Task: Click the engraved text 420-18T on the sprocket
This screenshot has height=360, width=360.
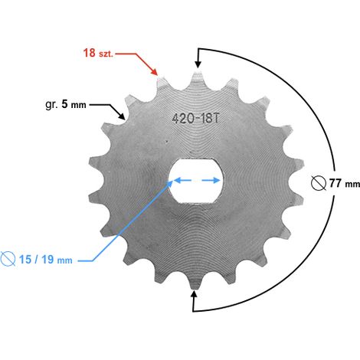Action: click(x=196, y=118)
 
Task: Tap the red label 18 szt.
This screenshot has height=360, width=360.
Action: click(x=98, y=53)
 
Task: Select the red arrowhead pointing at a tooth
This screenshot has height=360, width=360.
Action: click(x=154, y=71)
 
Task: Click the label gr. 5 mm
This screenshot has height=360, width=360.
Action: click(x=66, y=104)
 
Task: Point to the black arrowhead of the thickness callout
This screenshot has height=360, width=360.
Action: click(x=122, y=116)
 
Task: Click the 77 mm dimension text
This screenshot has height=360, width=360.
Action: click(x=345, y=183)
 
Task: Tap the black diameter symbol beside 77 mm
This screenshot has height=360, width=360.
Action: click(x=319, y=183)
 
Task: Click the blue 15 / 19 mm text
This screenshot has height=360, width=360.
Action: click(x=46, y=260)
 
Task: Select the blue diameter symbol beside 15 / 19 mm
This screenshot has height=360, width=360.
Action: click(x=8, y=259)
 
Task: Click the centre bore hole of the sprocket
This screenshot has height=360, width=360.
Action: click(x=196, y=181)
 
